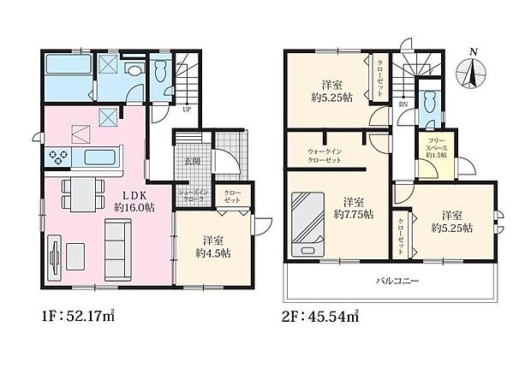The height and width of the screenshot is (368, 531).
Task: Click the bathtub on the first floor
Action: point(65,68)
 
